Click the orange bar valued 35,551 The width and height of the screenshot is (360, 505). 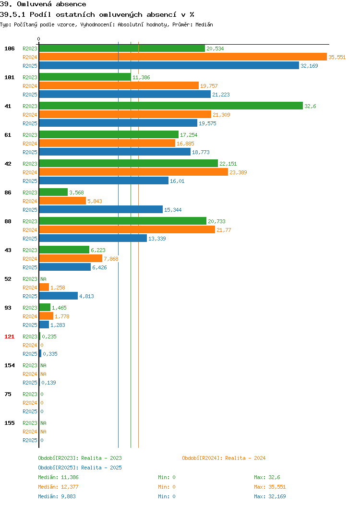[183, 57]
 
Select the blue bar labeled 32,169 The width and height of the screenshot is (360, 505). [169, 65]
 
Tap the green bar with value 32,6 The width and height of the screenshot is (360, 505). [171, 106]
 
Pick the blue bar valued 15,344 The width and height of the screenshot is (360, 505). [101, 210]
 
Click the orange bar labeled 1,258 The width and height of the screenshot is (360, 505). [44, 287]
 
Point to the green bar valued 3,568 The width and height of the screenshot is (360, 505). [53, 192]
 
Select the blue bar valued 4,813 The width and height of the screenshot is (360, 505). [58, 296]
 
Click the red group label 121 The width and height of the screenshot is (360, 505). [9, 337]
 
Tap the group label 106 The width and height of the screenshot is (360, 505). [9, 48]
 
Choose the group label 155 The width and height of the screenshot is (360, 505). [9, 423]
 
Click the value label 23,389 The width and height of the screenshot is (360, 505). [238, 172]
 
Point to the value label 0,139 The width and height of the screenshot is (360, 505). [48, 383]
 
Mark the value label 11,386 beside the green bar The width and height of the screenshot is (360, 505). [141, 77]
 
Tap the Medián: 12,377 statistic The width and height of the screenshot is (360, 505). [58, 487]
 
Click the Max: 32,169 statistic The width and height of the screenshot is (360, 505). [270, 497]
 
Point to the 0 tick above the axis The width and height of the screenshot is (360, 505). [39, 39]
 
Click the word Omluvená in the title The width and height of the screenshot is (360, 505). [34, 4]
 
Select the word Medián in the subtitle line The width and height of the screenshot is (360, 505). [204, 24]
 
